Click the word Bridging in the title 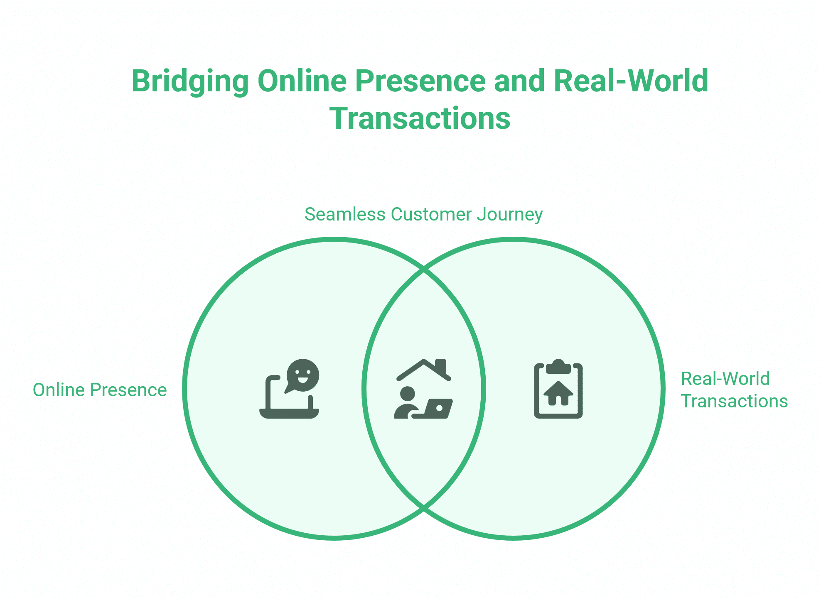[x=190, y=81]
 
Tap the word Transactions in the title [x=420, y=118]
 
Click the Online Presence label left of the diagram [x=100, y=390]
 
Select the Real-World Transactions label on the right [x=734, y=390]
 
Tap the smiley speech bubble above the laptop [x=302, y=375]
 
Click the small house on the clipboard [x=558, y=393]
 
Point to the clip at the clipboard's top [x=558, y=367]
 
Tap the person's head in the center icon [x=407, y=394]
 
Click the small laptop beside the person [x=438, y=409]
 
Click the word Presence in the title [x=420, y=81]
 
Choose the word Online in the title [x=302, y=81]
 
